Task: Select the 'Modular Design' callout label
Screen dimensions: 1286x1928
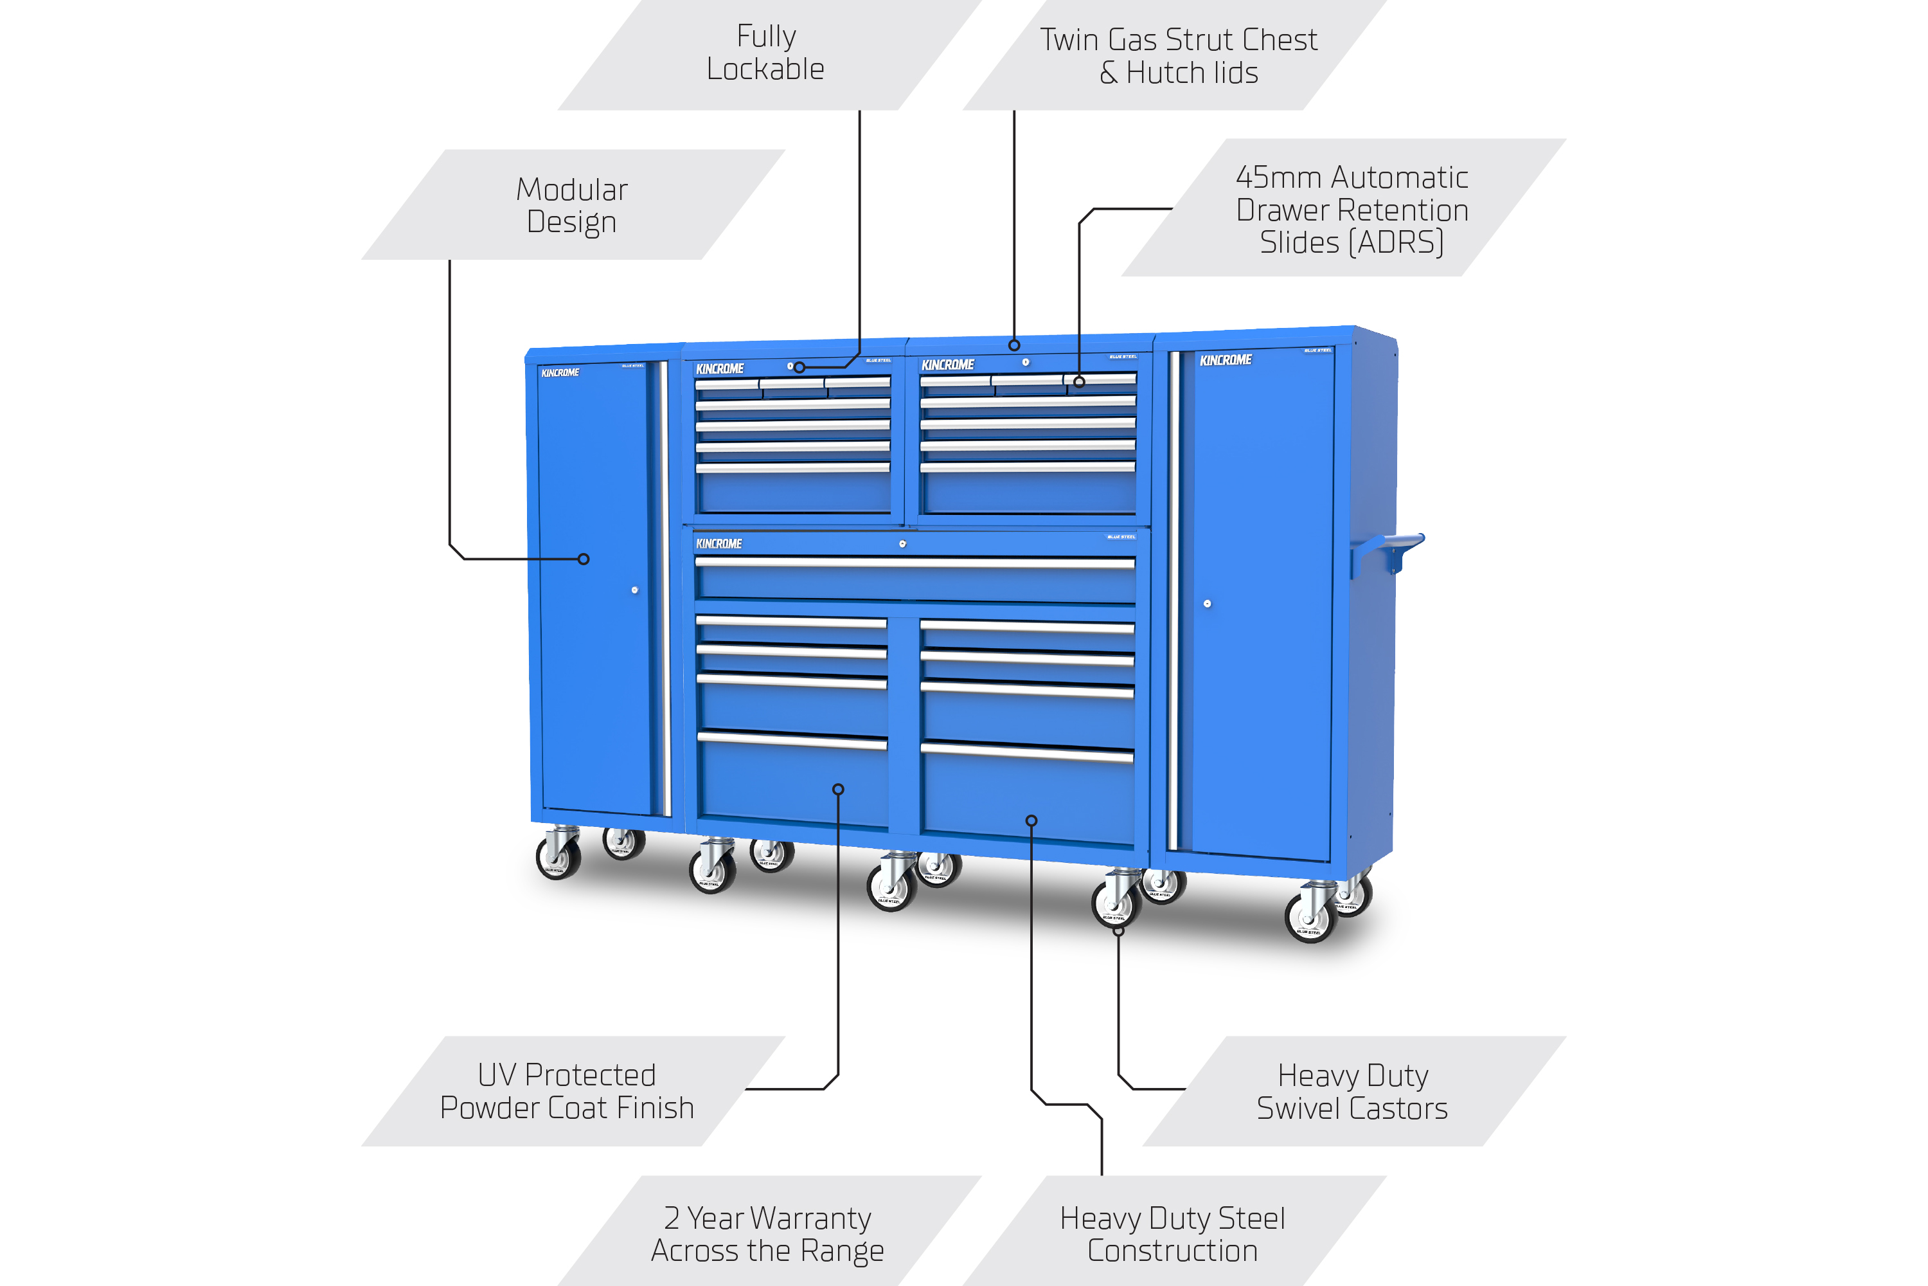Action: (572, 205)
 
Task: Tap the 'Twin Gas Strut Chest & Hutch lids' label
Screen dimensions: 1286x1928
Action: (1178, 56)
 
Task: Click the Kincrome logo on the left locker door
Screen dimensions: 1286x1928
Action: (560, 373)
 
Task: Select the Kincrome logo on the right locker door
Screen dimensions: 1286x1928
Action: (1226, 360)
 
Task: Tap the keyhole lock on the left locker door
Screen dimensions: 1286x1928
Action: (634, 590)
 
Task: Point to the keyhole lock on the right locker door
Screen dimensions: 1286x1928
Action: (1207, 604)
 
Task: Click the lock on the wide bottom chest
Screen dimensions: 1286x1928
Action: (902, 544)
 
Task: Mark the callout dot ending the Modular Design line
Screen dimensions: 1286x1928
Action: (584, 559)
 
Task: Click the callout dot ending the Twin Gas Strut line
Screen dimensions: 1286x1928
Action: (1014, 345)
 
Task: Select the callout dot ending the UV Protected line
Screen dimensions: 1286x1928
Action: (838, 790)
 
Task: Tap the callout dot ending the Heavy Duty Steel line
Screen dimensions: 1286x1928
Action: (1031, 821)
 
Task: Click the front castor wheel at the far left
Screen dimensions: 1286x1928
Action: (557, 858)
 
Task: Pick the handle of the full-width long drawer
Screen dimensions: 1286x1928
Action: (914, 563)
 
